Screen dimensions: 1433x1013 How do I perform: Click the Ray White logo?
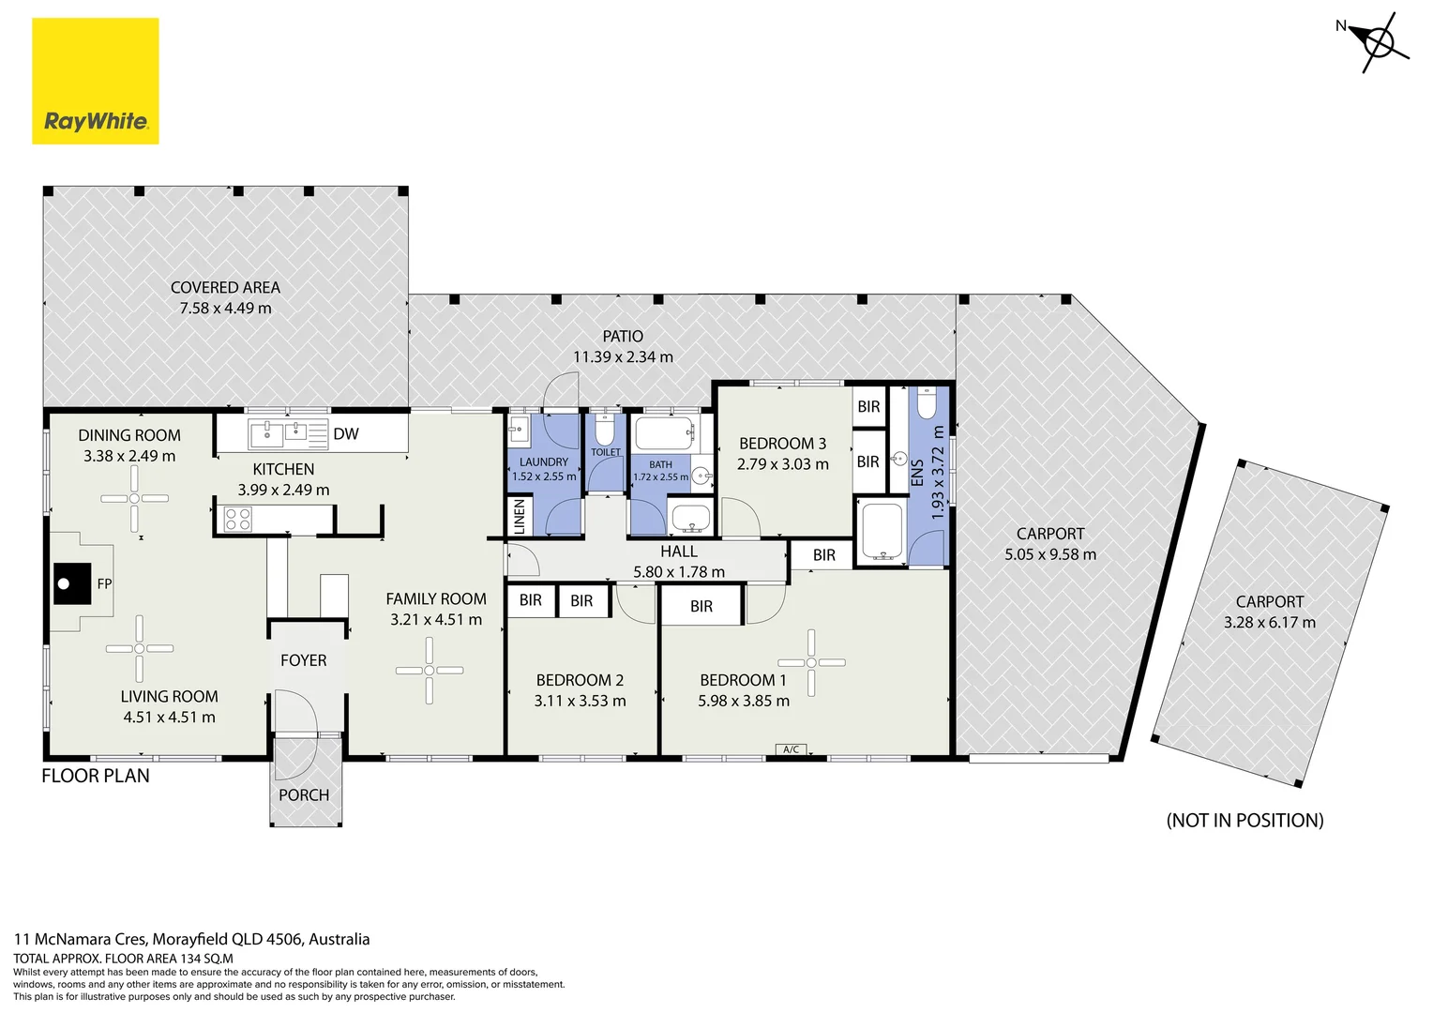96,81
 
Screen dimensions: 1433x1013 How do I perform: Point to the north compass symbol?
1378,43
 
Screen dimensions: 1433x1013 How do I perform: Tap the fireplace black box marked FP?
71,583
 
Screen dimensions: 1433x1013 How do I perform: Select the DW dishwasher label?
346,434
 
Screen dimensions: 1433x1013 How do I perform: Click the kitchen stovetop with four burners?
238,519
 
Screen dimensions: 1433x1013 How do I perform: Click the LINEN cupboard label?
520,517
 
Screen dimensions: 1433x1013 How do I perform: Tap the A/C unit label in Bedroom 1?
791,749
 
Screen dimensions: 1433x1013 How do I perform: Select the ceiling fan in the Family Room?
430,670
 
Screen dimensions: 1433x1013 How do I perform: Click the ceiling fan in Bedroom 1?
811,662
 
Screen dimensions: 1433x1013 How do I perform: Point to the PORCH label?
304,794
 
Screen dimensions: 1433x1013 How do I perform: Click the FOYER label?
303,659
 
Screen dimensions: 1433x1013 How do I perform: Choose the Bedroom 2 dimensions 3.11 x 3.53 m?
580,701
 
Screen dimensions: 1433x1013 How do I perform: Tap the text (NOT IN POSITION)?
1244,821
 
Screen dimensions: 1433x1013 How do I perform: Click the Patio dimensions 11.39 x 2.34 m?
623,356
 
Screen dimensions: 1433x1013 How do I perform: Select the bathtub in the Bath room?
664,433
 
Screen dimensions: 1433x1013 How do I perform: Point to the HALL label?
679,551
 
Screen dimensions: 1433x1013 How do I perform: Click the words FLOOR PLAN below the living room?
96,776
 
